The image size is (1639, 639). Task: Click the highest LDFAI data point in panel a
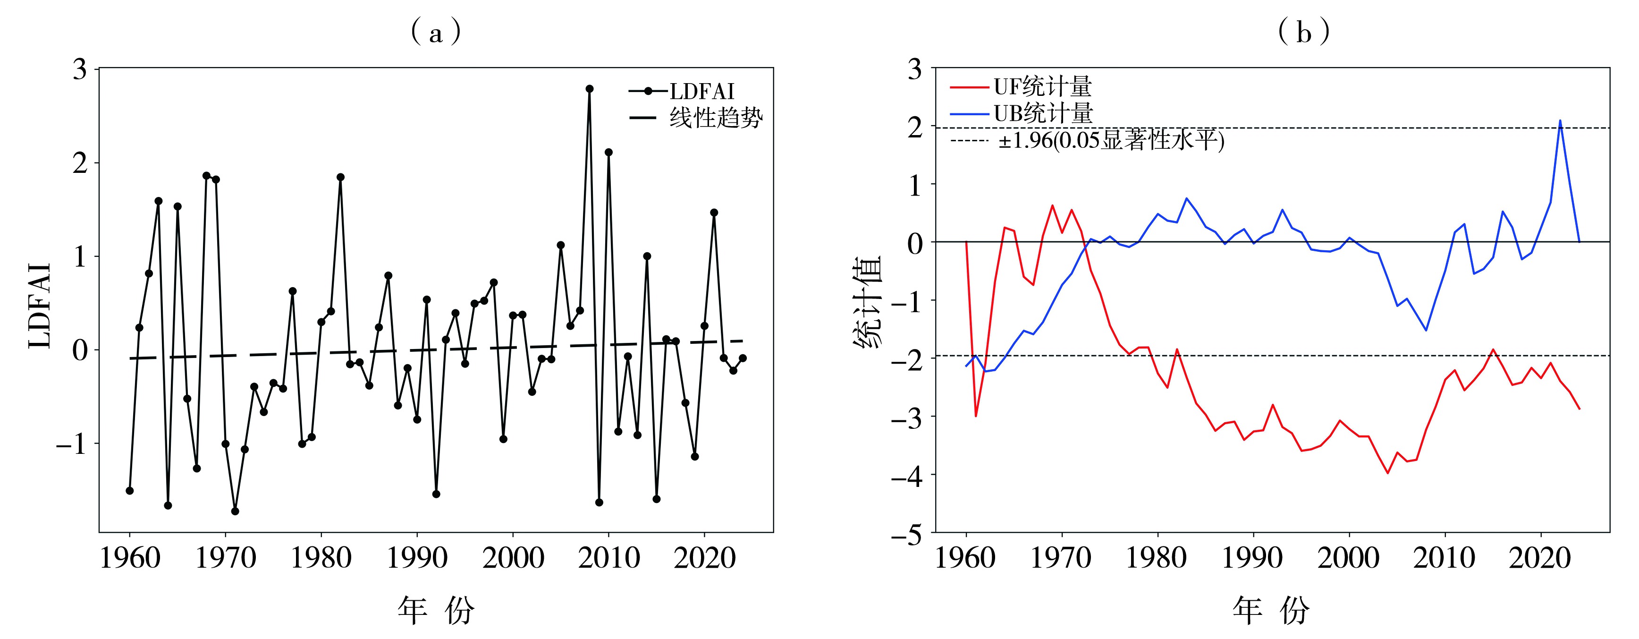[x=589, y=89]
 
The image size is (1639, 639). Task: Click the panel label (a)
[x=436, y=32]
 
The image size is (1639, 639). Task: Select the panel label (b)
[x=1304, y=32]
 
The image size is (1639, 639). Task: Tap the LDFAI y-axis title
[x=40, y=306]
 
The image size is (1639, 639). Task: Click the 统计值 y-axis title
[x=867, y=302]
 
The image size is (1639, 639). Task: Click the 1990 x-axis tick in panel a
[x=417, y=558]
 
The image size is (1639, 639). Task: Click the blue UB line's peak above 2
[x=1560, y=120]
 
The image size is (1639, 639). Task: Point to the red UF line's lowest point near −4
[x=1388, y=473]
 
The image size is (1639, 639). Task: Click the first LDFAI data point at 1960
[x=130, y=491]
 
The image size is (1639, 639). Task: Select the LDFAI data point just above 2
[x=608, y=152]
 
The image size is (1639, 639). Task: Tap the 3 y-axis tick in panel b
[x=914, y=69]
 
